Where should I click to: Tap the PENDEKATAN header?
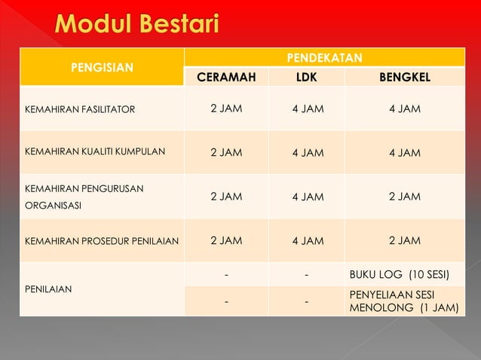pos(323,57)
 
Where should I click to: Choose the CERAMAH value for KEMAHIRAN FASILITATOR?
pos(226,108)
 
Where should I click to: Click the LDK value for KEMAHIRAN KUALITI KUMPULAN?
pos(308,153)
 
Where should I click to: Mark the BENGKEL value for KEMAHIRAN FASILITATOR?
pos(404,108)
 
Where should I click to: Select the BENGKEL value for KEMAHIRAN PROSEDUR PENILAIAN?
pos(404,240)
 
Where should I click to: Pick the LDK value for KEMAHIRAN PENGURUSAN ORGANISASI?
pos(308,197)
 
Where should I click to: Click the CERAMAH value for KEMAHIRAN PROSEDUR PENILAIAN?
pos(226,240)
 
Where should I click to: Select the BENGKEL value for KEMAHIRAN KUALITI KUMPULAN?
pos(404,153)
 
